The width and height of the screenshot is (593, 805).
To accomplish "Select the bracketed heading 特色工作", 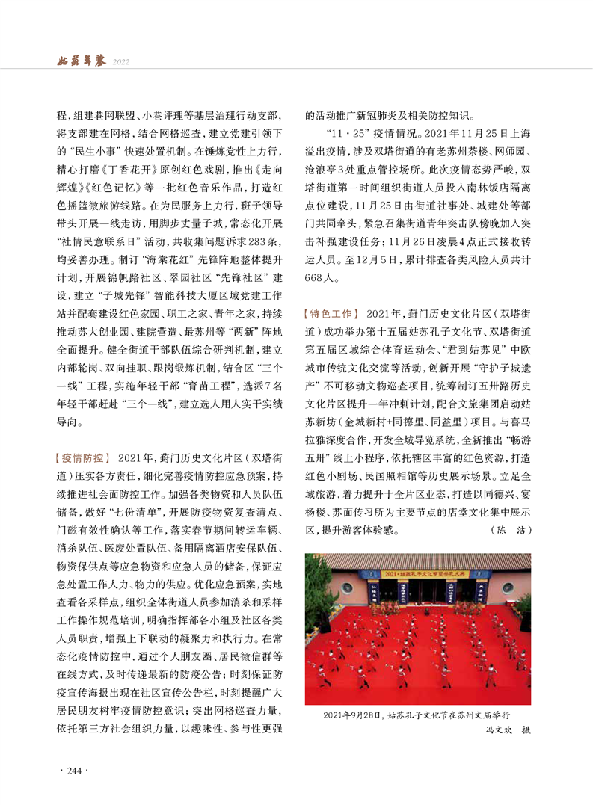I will pos(332,311).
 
